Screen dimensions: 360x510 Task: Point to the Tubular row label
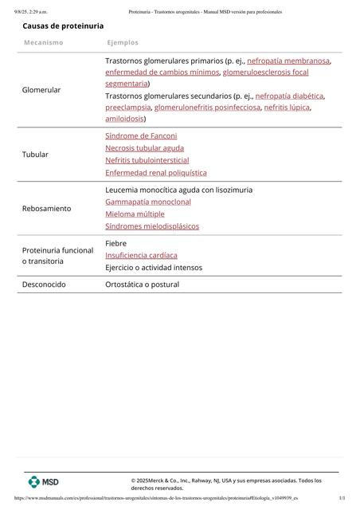(x=35, y=154)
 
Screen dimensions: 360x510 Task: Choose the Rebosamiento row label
(x=46, y=208)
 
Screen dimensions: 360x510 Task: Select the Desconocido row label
(x=44, y=284)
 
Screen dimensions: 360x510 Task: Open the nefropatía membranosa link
(x=288, y=61)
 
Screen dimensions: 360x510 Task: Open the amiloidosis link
(x=124, y=118)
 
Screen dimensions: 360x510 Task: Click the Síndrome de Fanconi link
(x=141, y=136)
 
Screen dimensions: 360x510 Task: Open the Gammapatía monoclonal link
(x=148, y=202)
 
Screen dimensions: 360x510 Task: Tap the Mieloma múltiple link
(x=135, y=214)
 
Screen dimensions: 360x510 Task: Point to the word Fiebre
(x=116, y=243)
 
